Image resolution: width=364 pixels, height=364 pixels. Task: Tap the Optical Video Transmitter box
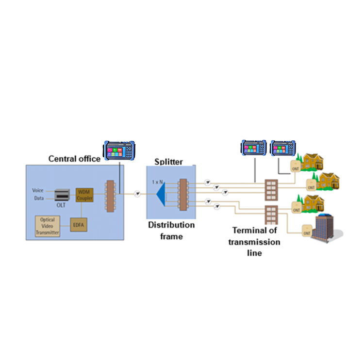(x=47, y=226)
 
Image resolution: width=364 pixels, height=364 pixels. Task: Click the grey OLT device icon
(x=62, y=194)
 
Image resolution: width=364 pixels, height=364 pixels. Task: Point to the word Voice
(x=38, y=190)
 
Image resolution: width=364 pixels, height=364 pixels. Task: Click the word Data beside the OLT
(x=39, y=198)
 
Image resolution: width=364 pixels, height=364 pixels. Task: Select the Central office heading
(x=74, y=159)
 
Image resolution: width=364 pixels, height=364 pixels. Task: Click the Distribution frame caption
(x=171, y=231)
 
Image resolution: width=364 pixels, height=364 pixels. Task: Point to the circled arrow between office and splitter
(x=136, y=194)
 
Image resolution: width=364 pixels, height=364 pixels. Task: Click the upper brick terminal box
(x=270, y=190)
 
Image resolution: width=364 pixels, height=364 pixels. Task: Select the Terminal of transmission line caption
(x=256, y=241)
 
